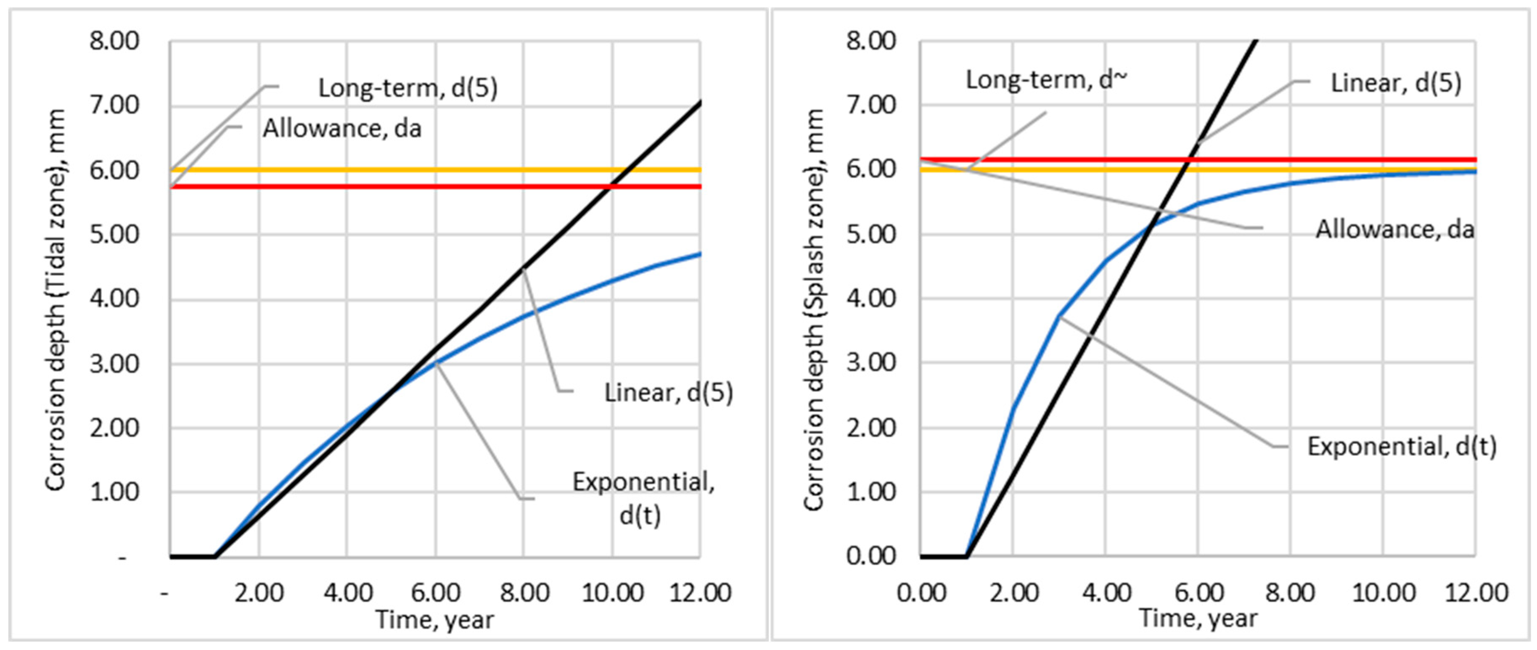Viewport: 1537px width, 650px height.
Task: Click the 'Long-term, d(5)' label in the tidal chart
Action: [x=407, y=88]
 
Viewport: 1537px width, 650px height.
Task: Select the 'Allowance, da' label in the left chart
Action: [x=342, y=128]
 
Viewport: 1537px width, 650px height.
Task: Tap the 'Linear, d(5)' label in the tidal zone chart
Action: [x=668, y=392]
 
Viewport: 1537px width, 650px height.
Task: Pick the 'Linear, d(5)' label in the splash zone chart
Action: [x=1396, y=83]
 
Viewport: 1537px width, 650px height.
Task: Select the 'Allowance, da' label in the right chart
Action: [x=1394, y=229]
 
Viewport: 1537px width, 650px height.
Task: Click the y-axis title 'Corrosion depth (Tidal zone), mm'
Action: [x=56, y=299]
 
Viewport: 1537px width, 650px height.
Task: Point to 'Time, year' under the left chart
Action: [x=434, y=620]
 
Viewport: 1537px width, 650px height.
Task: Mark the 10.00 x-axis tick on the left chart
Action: [x=612, y=593]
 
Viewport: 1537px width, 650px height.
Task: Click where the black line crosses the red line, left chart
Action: [x=609, y=187]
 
